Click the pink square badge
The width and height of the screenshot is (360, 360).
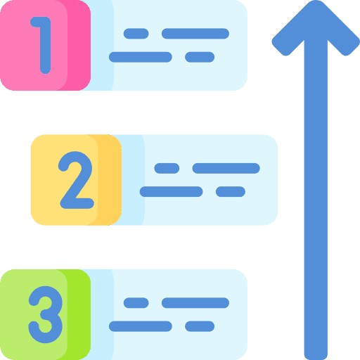click(x=45, y=45)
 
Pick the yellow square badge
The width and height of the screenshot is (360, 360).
click(x=76, y=180)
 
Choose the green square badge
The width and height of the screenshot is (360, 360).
click(x=45, y=314)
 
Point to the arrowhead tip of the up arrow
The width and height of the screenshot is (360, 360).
click(x=316, y=1)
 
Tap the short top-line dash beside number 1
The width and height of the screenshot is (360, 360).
click(x=136, y=34)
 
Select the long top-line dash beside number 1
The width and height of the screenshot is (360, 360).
click(x=195, y=34)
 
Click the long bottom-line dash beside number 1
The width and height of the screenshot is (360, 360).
click(x=141, y=57)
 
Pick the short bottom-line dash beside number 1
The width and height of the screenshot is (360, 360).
click(x=200, y=57)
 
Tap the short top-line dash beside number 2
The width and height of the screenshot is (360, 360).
click(x=167, y=168)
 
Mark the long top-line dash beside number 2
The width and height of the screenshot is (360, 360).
click(x=226, y=168)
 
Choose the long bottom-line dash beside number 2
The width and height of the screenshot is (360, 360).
click(x=171, y=192)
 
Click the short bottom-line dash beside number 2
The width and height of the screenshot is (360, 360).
click(x=231, y=192)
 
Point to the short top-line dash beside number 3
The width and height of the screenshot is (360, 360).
click(x=136, y=303)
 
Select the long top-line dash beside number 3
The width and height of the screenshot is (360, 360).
click(x=195, y=303)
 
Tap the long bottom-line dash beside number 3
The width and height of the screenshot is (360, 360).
click(x=141, y=326)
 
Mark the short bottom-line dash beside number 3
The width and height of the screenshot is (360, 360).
click(x=200, y=326)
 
